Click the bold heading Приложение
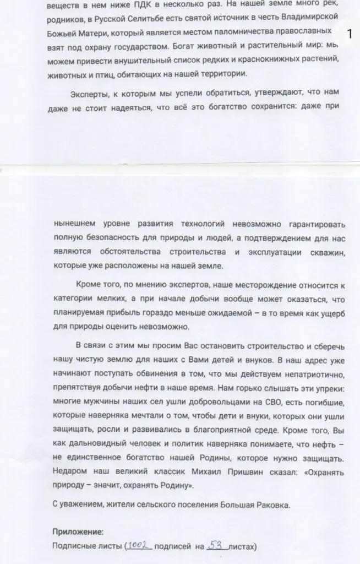77,531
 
